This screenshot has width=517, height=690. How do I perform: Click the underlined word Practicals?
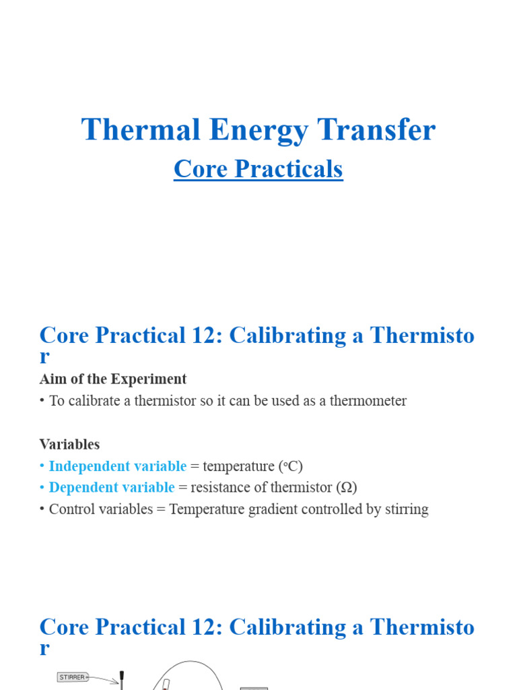click(x=289, y=170)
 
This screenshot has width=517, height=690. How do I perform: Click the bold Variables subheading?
click(x=69, y=444)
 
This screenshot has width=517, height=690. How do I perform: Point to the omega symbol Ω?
click(x=345, y=488)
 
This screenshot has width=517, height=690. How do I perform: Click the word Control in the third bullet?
click(x=71, y=509)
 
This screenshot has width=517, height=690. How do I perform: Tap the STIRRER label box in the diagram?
click(x=73, y=677)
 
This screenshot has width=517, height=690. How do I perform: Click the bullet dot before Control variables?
click(x=42, y=509)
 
